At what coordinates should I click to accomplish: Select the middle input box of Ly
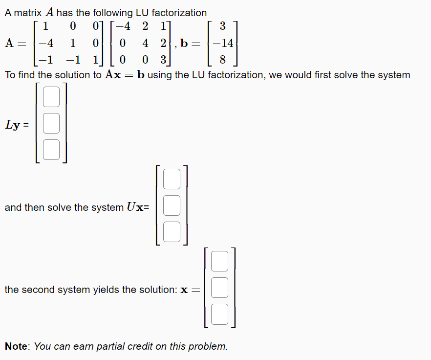click(51, 123)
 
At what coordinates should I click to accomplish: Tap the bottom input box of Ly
click(51, 149)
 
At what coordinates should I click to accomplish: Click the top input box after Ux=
click(172, 179)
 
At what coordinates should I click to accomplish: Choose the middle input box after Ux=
click(172, 205)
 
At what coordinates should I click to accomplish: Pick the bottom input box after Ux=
click(172, 231)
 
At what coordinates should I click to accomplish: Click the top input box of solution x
click(220, 261)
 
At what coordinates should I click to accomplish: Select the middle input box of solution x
click(220, 287)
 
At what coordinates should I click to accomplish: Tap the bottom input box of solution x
click(220, 314)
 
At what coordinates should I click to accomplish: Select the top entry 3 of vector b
click(222, 25)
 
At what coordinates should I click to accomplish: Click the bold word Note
click(17, 346)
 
